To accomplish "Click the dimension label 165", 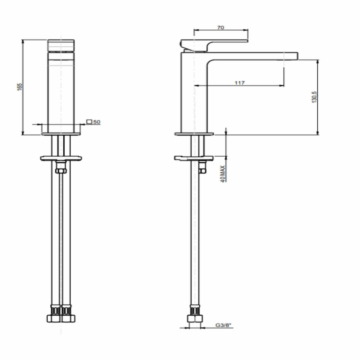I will [x=19, y=87].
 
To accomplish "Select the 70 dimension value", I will [x=221, y=27].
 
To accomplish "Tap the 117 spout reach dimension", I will [x=240, y=83].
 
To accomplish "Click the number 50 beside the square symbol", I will [x=97, y=122].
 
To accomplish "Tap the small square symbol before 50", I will [x=89, y=122].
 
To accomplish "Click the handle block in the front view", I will [x=61, y=45].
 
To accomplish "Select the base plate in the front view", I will [x=61, y=134].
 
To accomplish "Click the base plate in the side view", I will [x=194, y=134].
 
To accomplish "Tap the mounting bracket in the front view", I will [x=61, y=158].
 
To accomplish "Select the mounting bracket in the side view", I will [x=194, y=158].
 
